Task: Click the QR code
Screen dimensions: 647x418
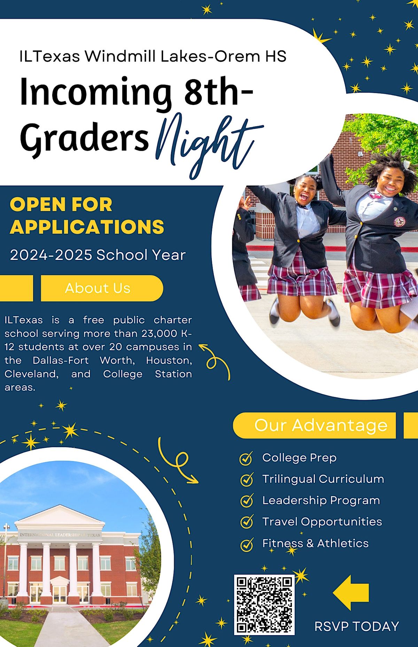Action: pos(264,605)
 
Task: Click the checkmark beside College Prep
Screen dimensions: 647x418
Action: pos(246,458)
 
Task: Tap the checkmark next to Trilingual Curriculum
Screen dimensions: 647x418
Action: pos(247,480)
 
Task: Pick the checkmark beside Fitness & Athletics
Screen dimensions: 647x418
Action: pos(247,544)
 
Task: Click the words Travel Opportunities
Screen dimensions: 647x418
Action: pos(322,522)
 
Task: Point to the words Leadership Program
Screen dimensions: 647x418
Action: pos(321,501)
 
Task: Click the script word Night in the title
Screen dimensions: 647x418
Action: pos(206,143)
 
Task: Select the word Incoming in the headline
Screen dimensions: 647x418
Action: pos(96,92)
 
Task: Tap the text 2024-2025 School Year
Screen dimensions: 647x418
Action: pos(98,255)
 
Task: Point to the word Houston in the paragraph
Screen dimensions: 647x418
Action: pos(169,360)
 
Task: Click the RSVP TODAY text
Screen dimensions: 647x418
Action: pos(356,626)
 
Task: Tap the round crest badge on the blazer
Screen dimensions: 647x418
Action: pos(399,221)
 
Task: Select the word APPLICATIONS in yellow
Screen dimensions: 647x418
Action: pos(87,227)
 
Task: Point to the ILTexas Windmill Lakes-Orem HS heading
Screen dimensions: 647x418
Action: pos(153,56)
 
